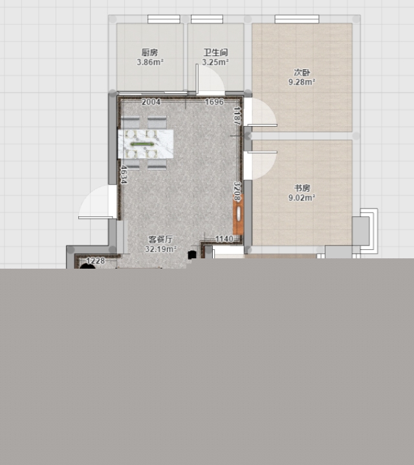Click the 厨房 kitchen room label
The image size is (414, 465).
click(149, 52)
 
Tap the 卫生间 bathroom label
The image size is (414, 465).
click(215, 52)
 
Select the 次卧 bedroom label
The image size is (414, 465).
click(302, 72)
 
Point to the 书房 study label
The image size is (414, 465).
click(302, 188)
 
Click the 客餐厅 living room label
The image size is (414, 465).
click(160, 240)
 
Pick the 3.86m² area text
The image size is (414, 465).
click(150, 62)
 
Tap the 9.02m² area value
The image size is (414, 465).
click(302, 198)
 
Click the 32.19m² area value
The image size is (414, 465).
click(160, 249)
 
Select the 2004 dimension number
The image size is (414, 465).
click(151, 102)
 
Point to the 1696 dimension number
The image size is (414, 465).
click(214, 102)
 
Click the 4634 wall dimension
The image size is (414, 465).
click(124, 174)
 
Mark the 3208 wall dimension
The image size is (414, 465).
click(237, 191)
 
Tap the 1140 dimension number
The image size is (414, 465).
click(224, 239)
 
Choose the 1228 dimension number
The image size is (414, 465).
click(96, 261)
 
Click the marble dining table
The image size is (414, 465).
click(146, 144)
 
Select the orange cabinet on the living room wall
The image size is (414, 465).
click(238, 214)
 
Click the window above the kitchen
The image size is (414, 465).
click(164, 19)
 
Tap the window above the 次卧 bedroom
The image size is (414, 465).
click(297, 19)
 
